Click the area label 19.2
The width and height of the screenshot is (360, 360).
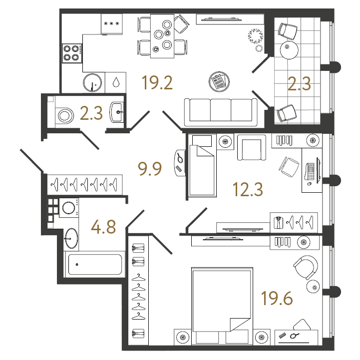(x=157, y=83)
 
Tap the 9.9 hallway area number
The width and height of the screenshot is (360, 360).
(x=150, y=169)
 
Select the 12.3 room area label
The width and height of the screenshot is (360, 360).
(x=248, y=189)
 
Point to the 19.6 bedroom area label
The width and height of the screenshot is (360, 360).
(x=277, y=298)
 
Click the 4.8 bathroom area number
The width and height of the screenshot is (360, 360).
(x=103, y=227)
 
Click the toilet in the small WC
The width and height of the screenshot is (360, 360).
(x=64, y=115)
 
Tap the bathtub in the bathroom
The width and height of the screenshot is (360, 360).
(x=95, y=264)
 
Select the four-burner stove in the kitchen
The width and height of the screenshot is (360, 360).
(x=72, y=53)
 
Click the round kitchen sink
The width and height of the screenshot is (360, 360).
(x=92, y=83)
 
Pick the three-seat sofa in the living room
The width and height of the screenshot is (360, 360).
(x=221, y=112)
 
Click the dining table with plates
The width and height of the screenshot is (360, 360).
(x=162, y=36)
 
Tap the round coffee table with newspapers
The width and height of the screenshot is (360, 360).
(x=219, y=82)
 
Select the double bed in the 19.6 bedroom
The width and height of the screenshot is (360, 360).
(x=222, y=306)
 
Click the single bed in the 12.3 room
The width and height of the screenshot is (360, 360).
(x=202, y=166)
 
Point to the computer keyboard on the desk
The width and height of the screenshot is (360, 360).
(x=310, y=171)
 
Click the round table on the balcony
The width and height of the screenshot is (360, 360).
(x=289, y=50)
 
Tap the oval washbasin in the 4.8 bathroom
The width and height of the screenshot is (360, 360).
(x=71, y=238)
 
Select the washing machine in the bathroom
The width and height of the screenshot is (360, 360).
(x=69, y=208)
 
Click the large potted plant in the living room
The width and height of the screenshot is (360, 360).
(x=256, y=36)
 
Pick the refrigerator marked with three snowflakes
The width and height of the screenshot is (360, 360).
(x=111, y=24)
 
